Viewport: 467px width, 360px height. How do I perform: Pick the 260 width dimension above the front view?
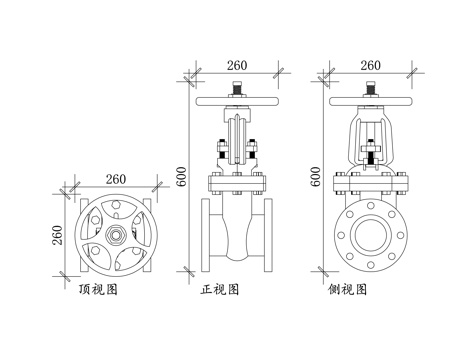237,65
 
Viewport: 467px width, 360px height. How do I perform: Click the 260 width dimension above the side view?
370,65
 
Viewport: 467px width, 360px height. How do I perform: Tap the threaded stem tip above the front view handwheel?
237,92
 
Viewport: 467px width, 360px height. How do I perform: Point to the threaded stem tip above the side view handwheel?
370,92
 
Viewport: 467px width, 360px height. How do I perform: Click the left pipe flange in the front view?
207,236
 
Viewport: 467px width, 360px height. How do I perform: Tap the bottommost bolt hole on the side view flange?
370,261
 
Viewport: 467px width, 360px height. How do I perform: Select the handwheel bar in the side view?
370,102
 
